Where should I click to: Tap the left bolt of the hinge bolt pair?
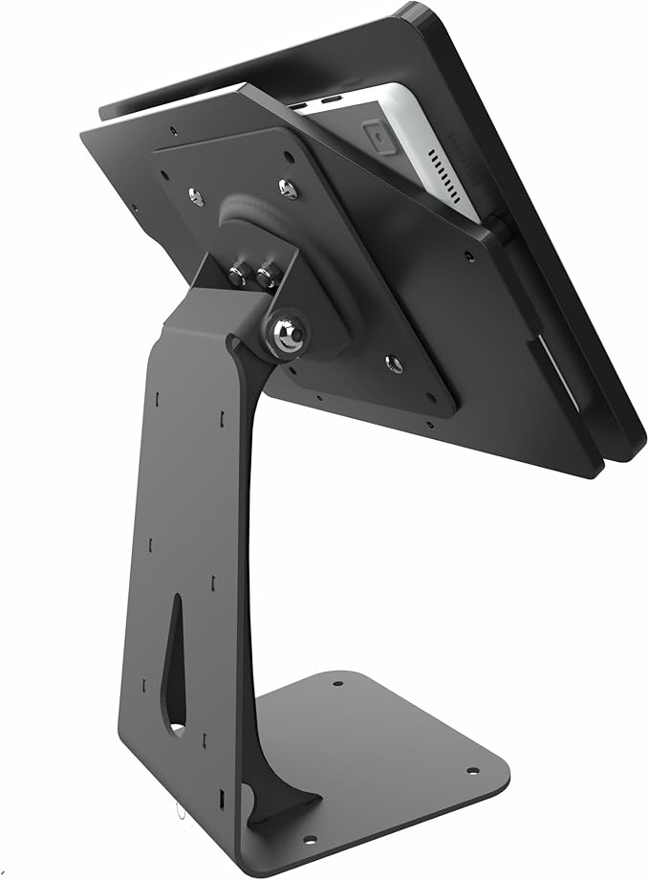point(239,276)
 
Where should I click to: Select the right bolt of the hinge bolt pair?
point(267,279)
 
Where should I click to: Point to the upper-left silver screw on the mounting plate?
point(196,196)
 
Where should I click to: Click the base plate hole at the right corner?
point(471,771)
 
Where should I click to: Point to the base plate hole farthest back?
point(336,683)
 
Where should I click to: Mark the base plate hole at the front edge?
point(309,840)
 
